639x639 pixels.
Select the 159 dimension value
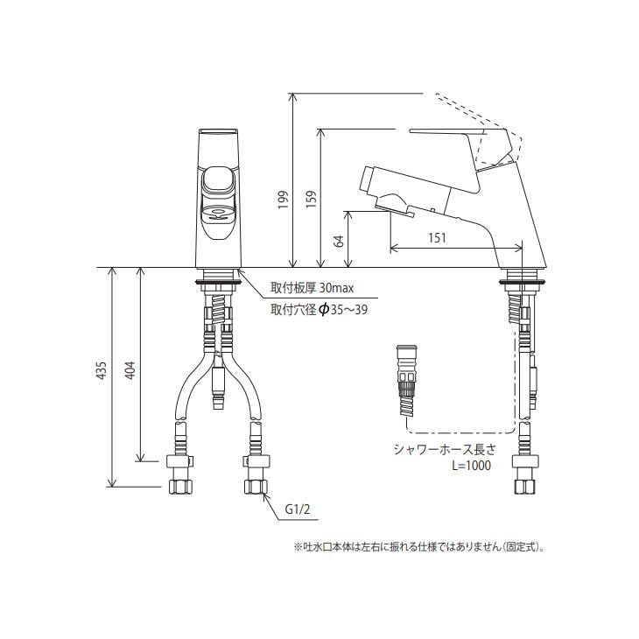pos(309,202)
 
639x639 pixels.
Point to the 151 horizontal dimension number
pos(439,236)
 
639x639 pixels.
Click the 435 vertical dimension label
pos(102,371)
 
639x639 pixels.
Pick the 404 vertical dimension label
pos(130,371)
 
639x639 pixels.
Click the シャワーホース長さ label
pos(444,450)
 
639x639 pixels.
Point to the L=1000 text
pos(471,467)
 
